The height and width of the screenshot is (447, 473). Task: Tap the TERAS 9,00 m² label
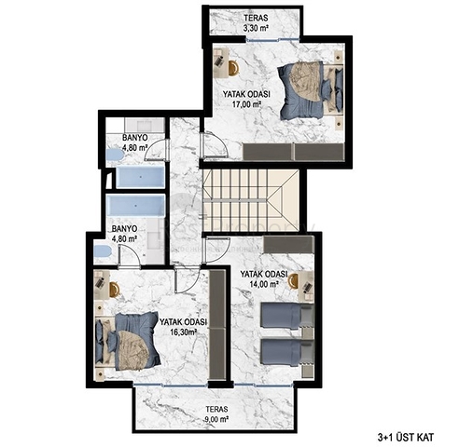point(215,413)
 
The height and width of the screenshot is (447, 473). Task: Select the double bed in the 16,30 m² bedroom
point(132,338)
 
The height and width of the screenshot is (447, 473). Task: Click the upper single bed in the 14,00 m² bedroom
point(283,317)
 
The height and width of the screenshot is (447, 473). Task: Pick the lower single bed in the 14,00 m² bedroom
point(283,351)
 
